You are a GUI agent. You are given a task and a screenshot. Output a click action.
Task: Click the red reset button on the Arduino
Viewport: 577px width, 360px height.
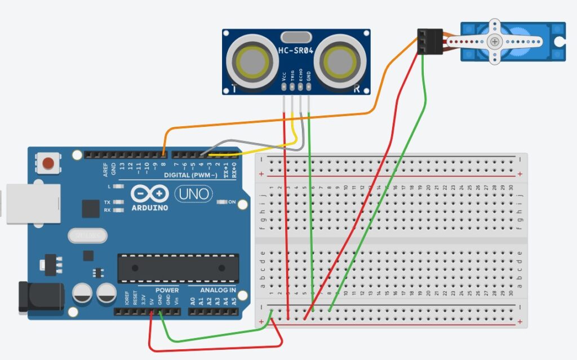pos(48,163)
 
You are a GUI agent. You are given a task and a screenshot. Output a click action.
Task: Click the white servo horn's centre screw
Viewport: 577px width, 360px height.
pos(495,41)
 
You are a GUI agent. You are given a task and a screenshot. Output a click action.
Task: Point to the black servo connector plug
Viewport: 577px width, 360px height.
pos(429,42)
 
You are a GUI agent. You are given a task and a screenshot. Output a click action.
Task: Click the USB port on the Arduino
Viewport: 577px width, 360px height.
pos(30,203)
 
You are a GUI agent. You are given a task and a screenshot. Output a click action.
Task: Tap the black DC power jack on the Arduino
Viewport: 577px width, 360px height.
pos(32,296)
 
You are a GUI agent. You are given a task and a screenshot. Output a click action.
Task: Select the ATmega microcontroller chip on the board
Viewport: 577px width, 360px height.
pos(178,268)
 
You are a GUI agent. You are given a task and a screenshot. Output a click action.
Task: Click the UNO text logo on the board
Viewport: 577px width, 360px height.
pos(194,194)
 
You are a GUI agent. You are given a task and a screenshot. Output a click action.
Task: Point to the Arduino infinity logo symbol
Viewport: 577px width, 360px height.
pos(150,194)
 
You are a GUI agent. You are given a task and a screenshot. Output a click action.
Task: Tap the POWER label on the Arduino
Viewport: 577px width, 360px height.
pos(167,291)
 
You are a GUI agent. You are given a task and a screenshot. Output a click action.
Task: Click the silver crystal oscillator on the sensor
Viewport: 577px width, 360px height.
pos(295,37)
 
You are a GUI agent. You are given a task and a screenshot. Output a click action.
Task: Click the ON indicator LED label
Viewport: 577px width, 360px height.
pos(232,201)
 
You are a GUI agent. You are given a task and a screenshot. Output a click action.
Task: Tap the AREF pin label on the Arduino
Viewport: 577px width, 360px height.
pos(105,167)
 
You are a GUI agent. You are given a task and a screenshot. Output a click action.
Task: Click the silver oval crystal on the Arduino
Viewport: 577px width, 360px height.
pos(86,234)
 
